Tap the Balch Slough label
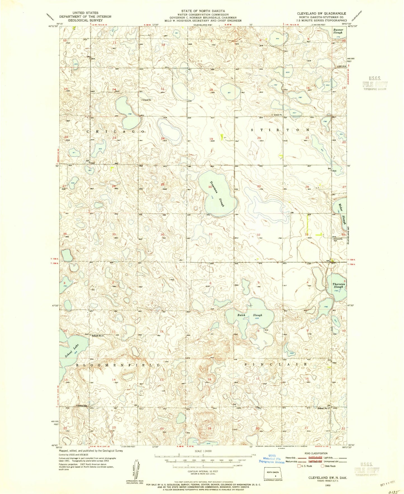(250, 315)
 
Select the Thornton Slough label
(338, 285)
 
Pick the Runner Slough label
(338, 31)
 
